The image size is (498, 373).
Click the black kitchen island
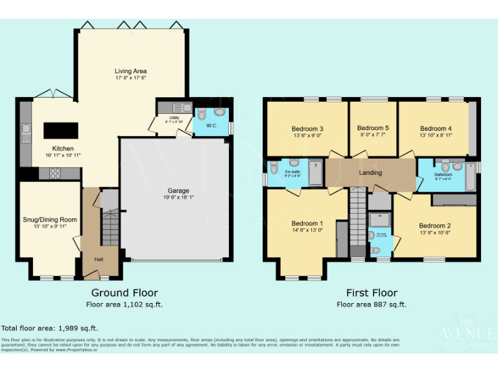click(60, 130)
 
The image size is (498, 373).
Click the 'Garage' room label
click(178, 190)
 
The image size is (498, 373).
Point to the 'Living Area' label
click(130, 71)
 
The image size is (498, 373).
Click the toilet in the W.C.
click(202, 115)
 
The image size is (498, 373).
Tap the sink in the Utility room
click(186, 107)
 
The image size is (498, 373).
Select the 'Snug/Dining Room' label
click(51, 220)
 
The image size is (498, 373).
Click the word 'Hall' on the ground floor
click(99, 259)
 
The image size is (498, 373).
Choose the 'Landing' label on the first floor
click(370, 173)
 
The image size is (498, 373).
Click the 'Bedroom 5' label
click(373, 128)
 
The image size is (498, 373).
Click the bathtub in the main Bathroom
click(471, 177)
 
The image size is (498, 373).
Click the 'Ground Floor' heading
click(124, 293)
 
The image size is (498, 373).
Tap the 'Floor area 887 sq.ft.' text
click(372, 304)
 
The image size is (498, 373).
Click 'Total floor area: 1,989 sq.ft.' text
click(50, 328)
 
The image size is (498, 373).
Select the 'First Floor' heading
click(372, 293)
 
